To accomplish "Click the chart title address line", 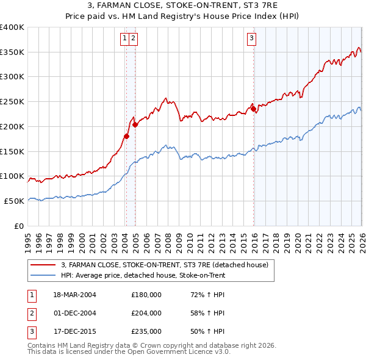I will point(182,6).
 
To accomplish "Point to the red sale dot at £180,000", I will point(126,136).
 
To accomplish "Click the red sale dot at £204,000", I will point(135,124).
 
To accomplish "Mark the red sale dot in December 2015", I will point(254,109).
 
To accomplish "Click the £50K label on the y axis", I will point(15,201).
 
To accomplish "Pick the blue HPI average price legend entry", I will point(143,275).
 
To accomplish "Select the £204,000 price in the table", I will point(146,313).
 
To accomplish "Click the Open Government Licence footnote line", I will point(129,352).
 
